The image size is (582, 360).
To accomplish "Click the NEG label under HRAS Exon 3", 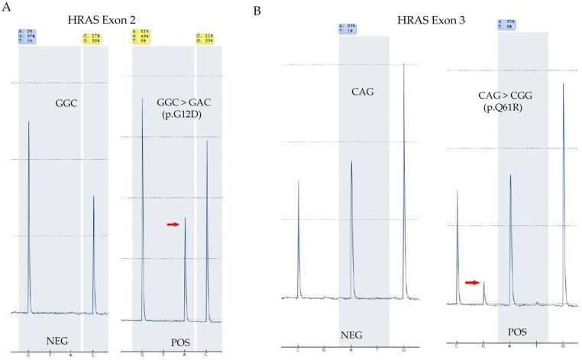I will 364,333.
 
